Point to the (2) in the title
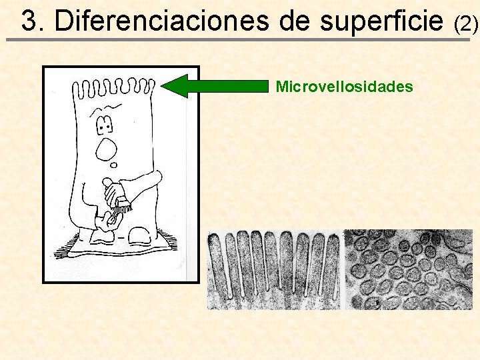pyautogui.click(x=465, y=24)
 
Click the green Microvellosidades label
pyautogui.click(x=344, y=87)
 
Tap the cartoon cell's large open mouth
pyautogui.click(x=107, y=151)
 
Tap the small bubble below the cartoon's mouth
pyautogui.click(x=114, y=165)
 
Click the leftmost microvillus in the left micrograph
pyautogui.click(x=217, y=267)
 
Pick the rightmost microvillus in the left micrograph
pyautogui.click(x=332, y=267)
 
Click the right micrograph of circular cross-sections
pyautogui.click(x=407, y=269)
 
